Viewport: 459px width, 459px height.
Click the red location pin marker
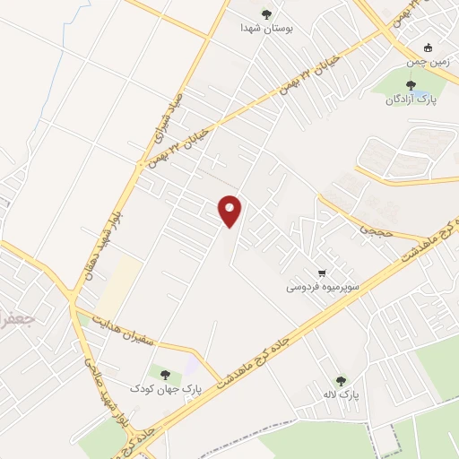click(230, 211)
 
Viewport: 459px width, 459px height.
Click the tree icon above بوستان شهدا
click(265, 13)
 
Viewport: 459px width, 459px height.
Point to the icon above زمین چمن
click(429, 48)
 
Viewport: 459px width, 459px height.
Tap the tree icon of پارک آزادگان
click(411, 84)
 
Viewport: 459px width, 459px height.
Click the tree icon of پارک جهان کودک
click(163, 373)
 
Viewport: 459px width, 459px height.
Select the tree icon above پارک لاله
click(340, 380)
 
